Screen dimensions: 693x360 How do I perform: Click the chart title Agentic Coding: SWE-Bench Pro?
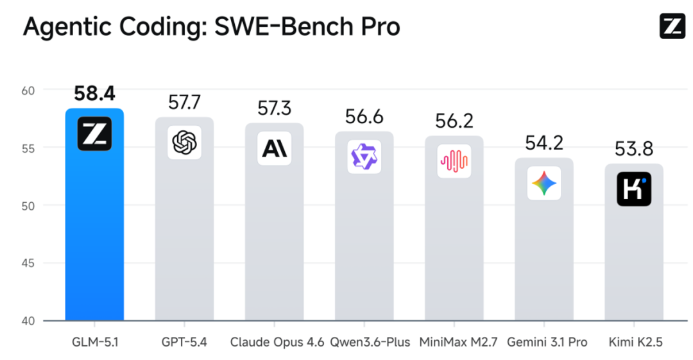(x=211, y=26)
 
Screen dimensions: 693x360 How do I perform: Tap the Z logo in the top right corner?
(x=672, y=26)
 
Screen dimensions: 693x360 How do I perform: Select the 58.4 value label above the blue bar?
(x=94, y=94)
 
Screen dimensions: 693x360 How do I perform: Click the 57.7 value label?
(x=184, y=103)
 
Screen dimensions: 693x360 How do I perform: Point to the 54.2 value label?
(x=544, y=143)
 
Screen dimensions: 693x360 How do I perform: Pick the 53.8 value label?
(x=634, y=149)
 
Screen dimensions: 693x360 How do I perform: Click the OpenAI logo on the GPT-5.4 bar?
(x=184, y=142)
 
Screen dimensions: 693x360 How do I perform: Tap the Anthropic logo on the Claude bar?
(x=275, y=149)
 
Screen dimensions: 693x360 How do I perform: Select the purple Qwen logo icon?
(x=364, y=157)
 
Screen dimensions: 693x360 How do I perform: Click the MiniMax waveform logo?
(x=454, y=161)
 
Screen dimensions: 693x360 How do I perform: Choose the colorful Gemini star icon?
(x=544, y=183)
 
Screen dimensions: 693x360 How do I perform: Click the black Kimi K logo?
(x=634, y=189)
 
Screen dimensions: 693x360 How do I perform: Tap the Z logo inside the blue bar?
(x=94, y=133)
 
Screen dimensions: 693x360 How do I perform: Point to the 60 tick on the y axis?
(x=28, y=90)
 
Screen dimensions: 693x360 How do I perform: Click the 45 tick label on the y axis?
(x=28, y=263)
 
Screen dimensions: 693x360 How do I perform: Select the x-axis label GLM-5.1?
(x=95, y=342)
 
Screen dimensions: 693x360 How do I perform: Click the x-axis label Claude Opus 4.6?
(x=277, y=342)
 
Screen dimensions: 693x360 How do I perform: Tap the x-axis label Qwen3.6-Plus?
(x=370, y=342)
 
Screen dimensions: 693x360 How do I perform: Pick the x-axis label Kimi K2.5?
(x=635, y=342)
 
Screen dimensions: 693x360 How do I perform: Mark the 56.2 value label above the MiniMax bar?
(x=454, y=121)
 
